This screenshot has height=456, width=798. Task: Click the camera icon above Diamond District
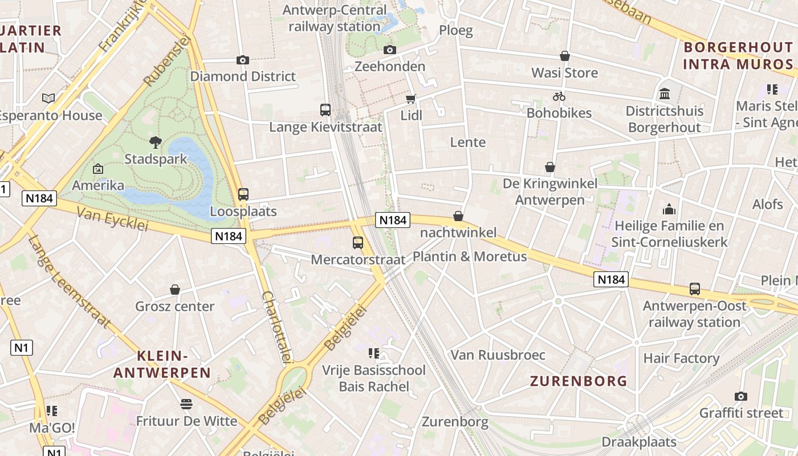[x=243, y=60]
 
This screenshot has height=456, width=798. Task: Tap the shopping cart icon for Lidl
[x=411, y=99]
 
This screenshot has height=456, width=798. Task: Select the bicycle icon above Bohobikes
[x=559, y=96]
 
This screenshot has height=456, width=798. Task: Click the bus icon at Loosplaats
[x=243, y=194]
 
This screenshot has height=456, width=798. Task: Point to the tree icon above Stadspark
[x=155, y=142]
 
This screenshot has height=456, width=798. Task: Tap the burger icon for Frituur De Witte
[x=186, y=404]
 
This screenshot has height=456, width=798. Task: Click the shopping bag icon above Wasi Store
[x=565, y=56]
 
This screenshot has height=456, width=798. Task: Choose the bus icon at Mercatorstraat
[x=358, y=243]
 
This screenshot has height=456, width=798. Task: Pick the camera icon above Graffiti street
[x=741, y=396]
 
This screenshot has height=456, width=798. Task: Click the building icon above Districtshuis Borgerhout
[x=665, y=93]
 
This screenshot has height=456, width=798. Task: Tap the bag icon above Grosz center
[x=175, y=290]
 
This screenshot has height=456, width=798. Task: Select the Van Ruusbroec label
[x=498, y=355]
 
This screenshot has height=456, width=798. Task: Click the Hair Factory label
[x=681, y=359]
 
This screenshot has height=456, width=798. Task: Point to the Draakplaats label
[x=639, y=442]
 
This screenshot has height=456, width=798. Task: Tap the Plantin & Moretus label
[x=470, y=256]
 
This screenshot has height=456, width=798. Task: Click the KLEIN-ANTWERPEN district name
[x=162, y=365]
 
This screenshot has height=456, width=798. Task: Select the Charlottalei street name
[x=277, y=327]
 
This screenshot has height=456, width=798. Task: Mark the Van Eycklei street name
[x=112, y=219]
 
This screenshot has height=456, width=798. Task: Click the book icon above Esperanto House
[x=49, y=99]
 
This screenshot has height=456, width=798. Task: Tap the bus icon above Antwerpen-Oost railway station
[x=695, y=289]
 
